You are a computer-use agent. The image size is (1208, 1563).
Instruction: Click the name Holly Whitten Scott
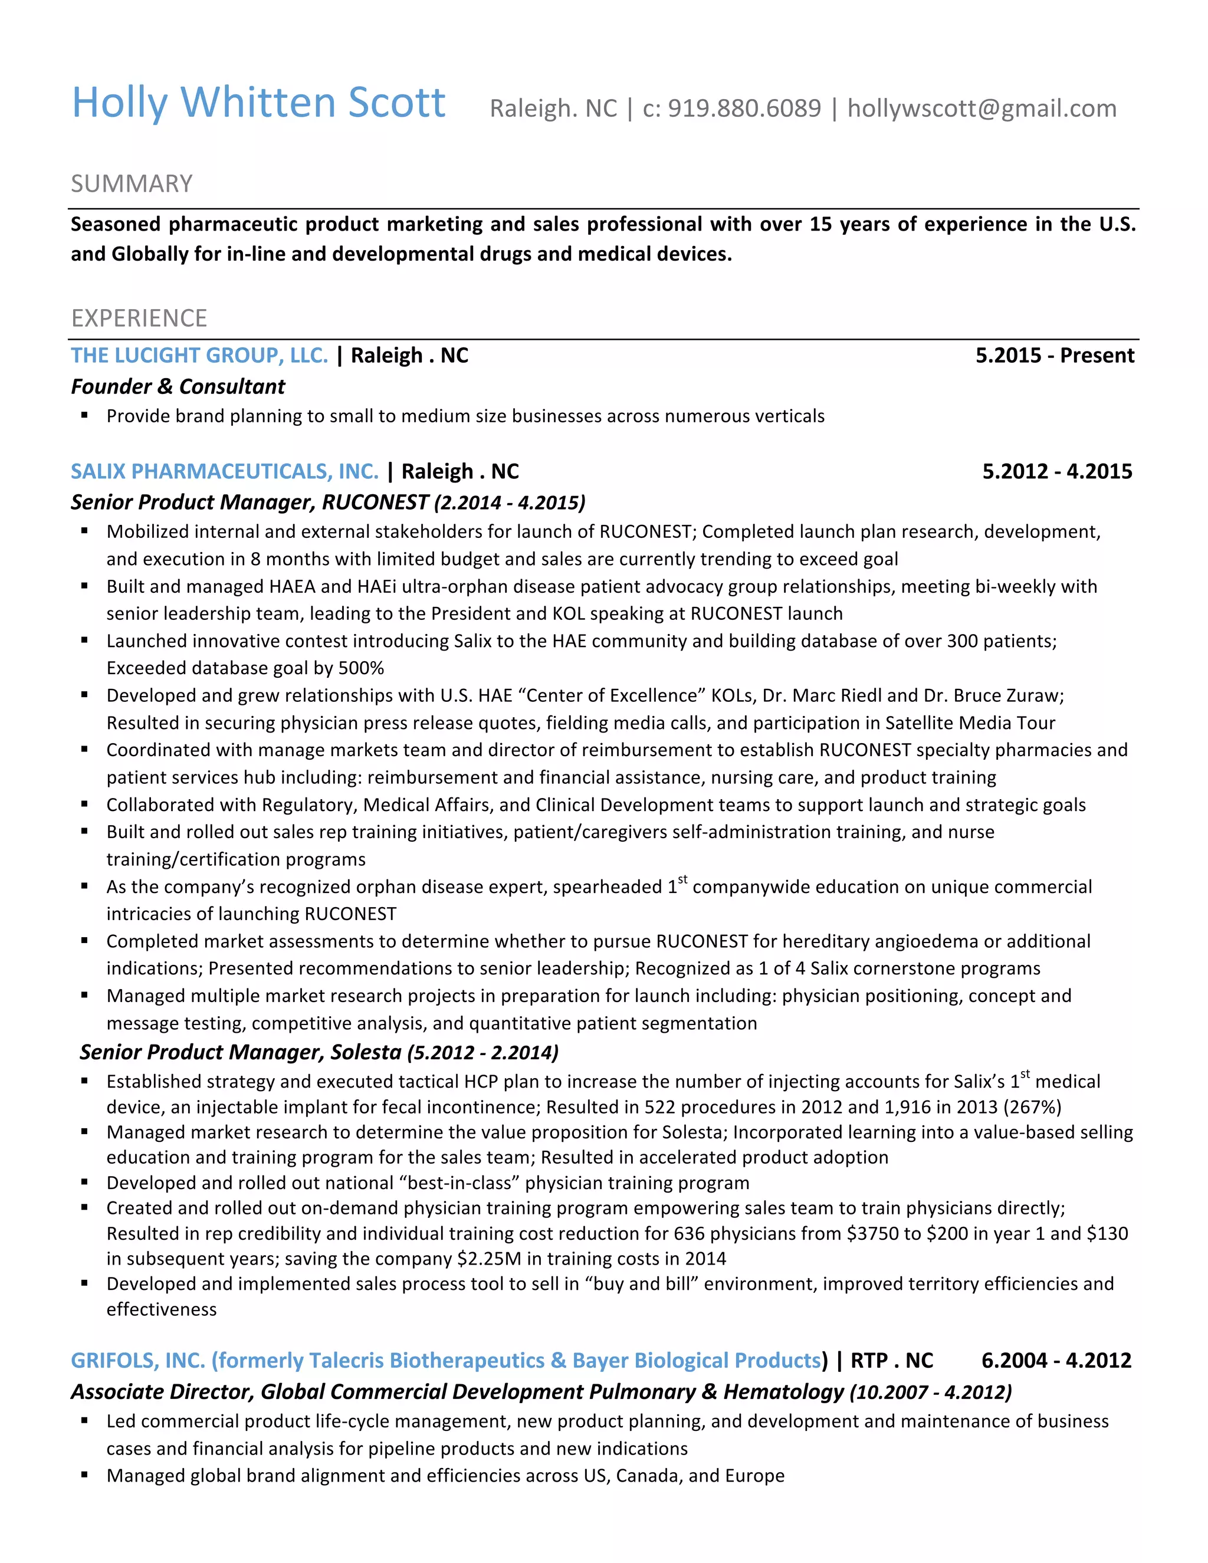[258, 103]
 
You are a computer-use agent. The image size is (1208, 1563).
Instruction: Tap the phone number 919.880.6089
[744, 108]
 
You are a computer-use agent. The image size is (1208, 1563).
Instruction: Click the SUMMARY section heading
[132, 184]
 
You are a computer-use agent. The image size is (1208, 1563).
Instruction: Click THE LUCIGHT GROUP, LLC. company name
[199, 355]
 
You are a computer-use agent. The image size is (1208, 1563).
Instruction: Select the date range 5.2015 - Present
[1054, 355]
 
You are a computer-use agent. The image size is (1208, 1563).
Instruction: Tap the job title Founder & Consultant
[178, 386]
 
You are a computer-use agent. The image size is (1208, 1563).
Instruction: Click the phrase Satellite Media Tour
[970, 723]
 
